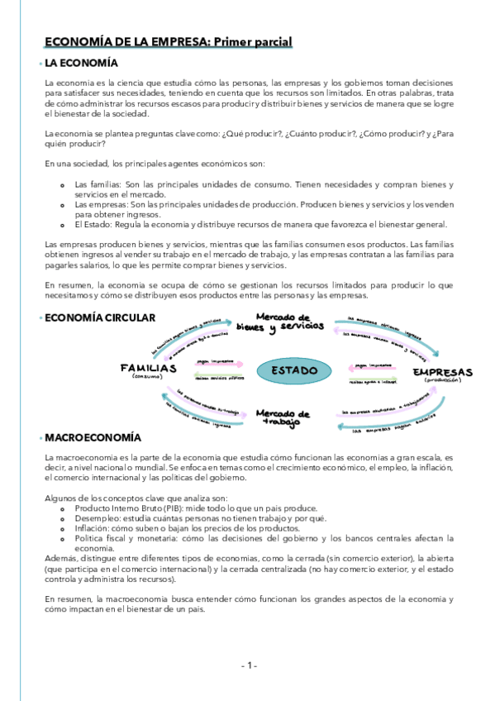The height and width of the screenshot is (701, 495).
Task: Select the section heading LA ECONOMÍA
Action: [x=82, y=63]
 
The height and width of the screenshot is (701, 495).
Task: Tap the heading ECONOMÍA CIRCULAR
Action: [x=99, y=317]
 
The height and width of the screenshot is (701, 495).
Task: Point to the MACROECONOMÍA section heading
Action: [x=93, y=436]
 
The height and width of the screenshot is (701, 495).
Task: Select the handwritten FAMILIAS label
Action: [x=148, y=367]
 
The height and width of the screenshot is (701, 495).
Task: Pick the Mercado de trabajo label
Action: [x=282, y=417]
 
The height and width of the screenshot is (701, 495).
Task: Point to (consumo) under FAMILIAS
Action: [x=149, y=378]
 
